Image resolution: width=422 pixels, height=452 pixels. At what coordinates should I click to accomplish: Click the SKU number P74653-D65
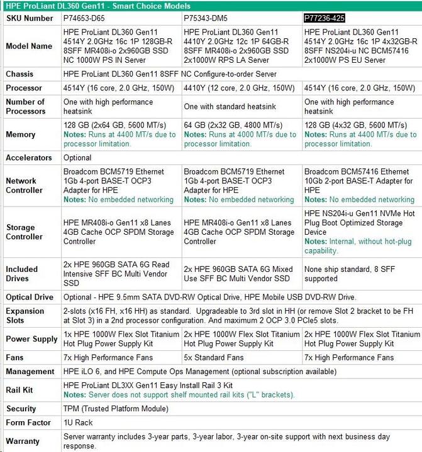tap(84, 18)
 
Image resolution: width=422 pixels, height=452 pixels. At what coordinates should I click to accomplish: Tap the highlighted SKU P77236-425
tap(326, 18)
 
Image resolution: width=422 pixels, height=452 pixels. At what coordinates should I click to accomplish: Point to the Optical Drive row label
tap(30, 297)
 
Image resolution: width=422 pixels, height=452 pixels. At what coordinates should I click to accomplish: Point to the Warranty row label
tap(23, 441)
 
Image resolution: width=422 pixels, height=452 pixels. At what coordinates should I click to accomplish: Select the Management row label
tap(30, 372)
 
